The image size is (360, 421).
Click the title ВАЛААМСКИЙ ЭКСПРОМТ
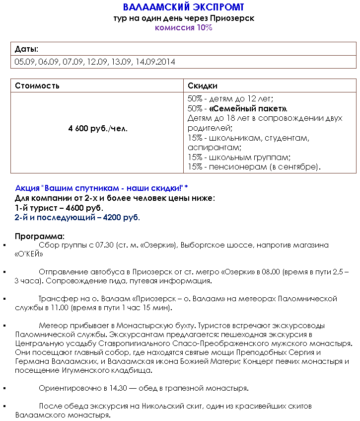183,7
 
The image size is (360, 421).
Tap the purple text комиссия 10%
183,28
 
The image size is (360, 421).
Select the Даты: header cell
27,49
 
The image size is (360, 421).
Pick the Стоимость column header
37,85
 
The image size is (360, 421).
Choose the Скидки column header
203,85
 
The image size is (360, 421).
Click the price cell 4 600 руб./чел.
98,128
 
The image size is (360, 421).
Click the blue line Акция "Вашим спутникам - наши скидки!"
101,188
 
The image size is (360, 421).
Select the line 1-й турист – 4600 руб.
59,208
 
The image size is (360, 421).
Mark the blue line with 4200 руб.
77,217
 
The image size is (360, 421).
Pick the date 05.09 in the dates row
24,62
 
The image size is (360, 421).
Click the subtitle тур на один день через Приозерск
183,18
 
